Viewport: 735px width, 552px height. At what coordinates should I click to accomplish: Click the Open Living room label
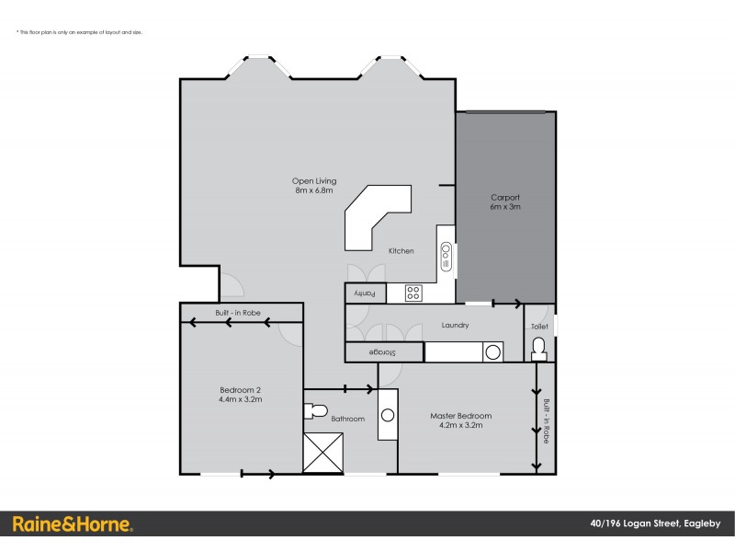[308, 186]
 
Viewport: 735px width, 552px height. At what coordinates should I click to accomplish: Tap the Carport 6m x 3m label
[505, 202]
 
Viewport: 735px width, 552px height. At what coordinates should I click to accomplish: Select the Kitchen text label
[401, 251]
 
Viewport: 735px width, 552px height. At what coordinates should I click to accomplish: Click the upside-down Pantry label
[366, 293]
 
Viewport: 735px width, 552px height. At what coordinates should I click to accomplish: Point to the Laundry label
[455, 325]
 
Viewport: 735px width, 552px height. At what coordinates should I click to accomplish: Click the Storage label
[384, 352]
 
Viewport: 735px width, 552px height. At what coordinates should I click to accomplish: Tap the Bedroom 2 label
[240, 395]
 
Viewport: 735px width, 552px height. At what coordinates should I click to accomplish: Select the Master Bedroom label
[461, 420]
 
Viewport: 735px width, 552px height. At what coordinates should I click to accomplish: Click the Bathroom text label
[348, 420]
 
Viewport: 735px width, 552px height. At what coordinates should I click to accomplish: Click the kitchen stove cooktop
[413, 293]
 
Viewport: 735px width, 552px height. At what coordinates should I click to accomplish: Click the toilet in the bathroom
[316, 410]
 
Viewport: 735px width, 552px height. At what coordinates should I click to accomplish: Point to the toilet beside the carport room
[539, 347]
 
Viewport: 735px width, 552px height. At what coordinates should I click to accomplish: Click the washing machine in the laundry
[492, 351]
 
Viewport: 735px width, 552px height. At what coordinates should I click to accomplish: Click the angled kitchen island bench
[375, 216]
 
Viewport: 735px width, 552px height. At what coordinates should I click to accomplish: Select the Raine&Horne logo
[72, 524]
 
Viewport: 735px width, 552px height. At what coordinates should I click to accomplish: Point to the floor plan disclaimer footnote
[79, 32]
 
